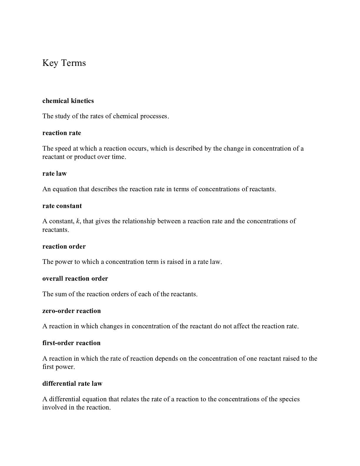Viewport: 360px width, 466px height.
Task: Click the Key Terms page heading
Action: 64,63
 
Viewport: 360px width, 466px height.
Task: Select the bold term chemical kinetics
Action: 68,101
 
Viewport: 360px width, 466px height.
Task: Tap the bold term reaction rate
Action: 61,133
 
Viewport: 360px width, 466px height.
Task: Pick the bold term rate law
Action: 54,174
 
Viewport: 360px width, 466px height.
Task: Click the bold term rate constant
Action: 62,206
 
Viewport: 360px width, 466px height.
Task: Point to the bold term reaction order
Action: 64,247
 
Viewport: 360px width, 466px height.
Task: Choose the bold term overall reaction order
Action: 75,279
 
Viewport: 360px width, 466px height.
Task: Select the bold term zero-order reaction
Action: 71,311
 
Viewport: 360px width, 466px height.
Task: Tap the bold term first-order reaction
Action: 71,343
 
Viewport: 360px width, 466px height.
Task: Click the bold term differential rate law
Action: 72,384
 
